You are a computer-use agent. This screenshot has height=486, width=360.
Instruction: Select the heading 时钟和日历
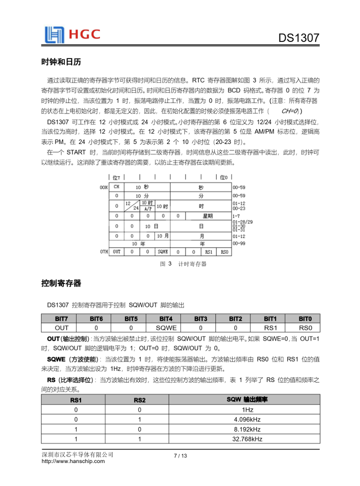pos(61,62)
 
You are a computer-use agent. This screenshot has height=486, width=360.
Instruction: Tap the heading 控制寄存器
pos(61,283)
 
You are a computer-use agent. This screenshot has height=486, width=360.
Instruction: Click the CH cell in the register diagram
pos(116,186)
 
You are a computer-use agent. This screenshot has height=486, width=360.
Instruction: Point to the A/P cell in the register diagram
pos(147,208)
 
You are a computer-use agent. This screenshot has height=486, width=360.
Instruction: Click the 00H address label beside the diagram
pos(103,186)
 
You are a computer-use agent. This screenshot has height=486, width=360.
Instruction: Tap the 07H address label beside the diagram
pos(103,251)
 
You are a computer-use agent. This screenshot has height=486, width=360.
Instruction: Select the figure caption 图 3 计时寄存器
pos(183,263)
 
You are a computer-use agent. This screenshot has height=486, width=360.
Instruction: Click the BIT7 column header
pos(61,318)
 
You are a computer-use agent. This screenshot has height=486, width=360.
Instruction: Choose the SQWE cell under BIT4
pos(165,327)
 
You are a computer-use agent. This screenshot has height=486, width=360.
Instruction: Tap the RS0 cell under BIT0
pos(305,327)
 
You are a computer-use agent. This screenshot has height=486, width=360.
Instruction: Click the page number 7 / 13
pos(180,455)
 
